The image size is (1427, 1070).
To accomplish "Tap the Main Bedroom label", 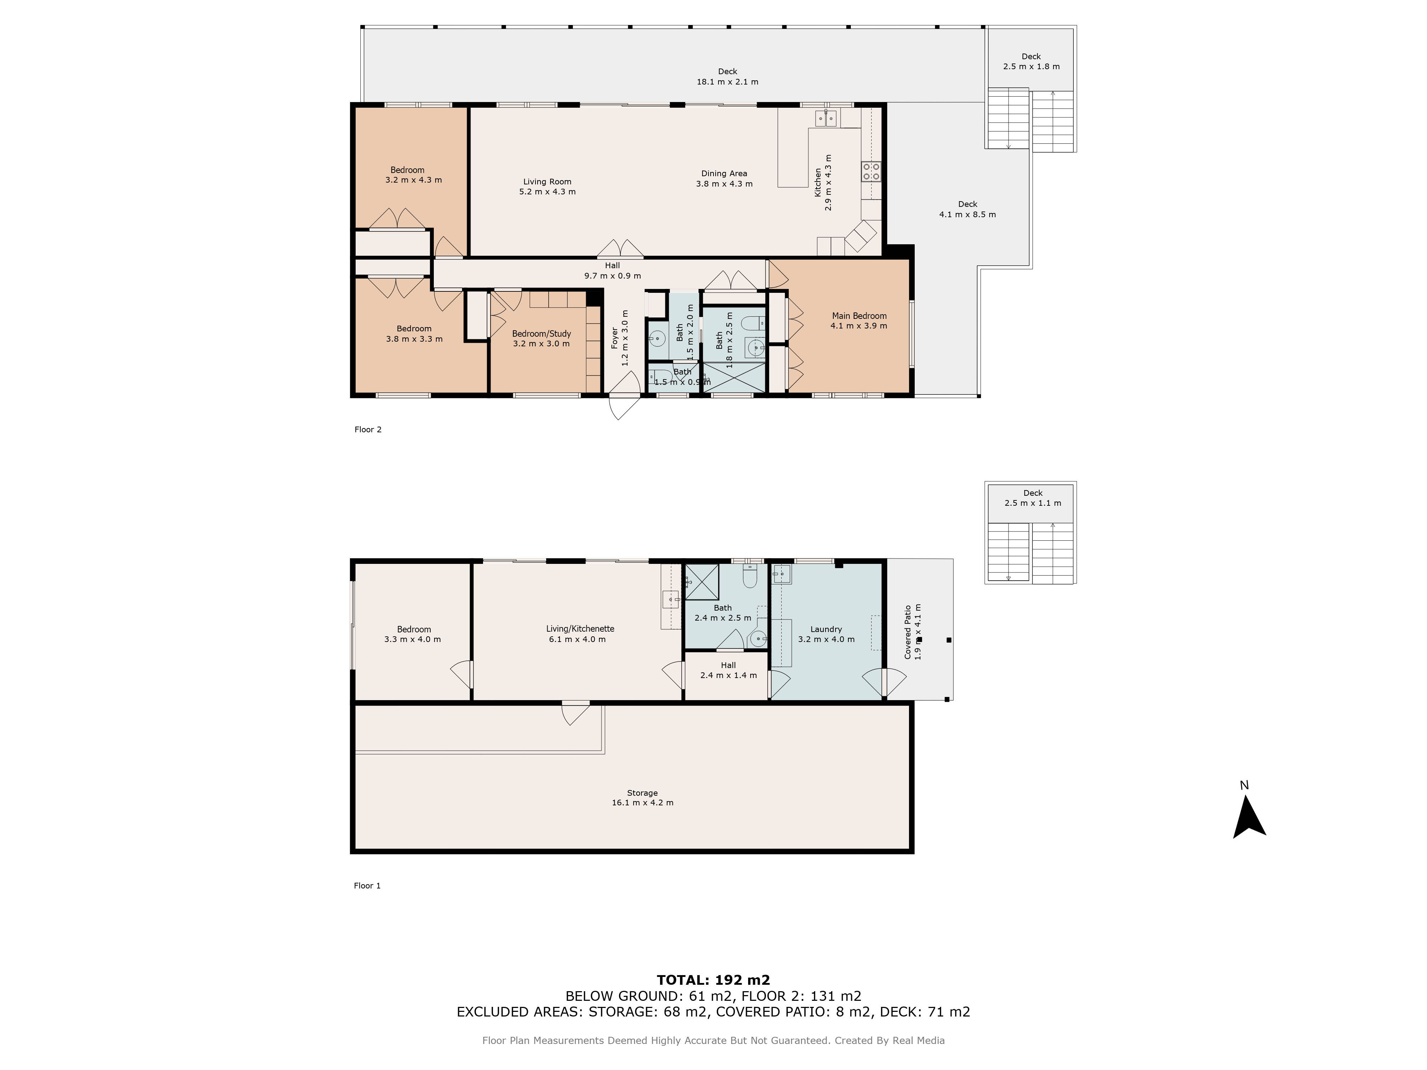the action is pyautogui.click(x=859, y=321).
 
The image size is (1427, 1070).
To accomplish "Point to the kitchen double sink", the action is pyautogui.click(x=826, y=118).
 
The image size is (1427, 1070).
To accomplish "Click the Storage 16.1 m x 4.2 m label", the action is pyautogui.click(x=643, y=798).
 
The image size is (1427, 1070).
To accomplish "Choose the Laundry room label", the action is pyautogui.click(x=826, y=634).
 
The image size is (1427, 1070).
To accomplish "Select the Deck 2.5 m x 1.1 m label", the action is pyautogui.click(x=1033, y=498).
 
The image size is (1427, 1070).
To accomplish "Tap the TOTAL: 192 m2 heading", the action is pyautogui.click(x=713, y=980).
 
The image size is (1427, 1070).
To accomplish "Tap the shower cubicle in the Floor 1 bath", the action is pyautogui.click(x=702, y=582).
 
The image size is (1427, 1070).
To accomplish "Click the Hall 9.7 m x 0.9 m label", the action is pyautogui.click(x=613, y=270).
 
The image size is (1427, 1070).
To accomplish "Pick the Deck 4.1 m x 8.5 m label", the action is pyautogui.click(x=967, y=209).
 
